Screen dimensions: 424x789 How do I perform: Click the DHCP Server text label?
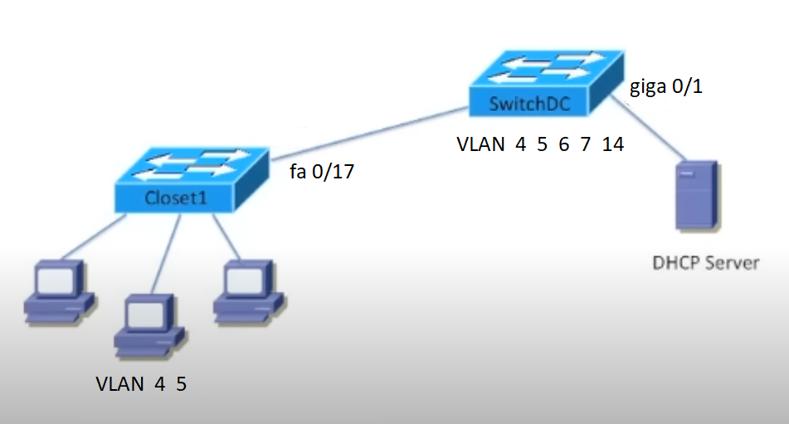[705, 264]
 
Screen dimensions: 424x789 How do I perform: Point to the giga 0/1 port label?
[666, 86]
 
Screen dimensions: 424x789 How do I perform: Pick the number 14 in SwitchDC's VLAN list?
[613, 144]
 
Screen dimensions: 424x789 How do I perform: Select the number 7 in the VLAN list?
[586, 144]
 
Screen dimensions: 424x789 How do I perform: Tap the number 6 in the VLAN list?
[564, 144]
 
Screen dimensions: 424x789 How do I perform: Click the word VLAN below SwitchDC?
[480, 144]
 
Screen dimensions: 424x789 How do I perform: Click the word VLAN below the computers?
[120, 385]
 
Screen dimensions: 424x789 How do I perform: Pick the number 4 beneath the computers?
[159, 385]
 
